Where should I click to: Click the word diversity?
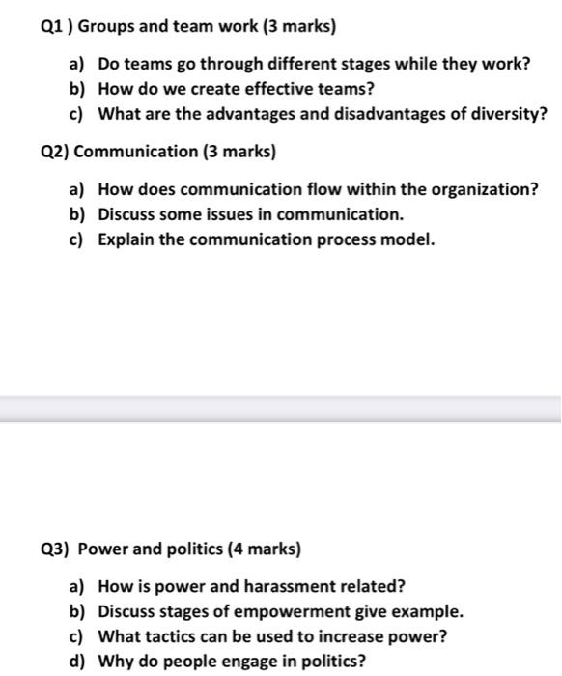[508, 114]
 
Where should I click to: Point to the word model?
[408, 238]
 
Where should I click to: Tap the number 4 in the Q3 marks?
[236, 549]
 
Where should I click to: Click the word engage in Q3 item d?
[241, 662]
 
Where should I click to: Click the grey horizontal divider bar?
[281, 409]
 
